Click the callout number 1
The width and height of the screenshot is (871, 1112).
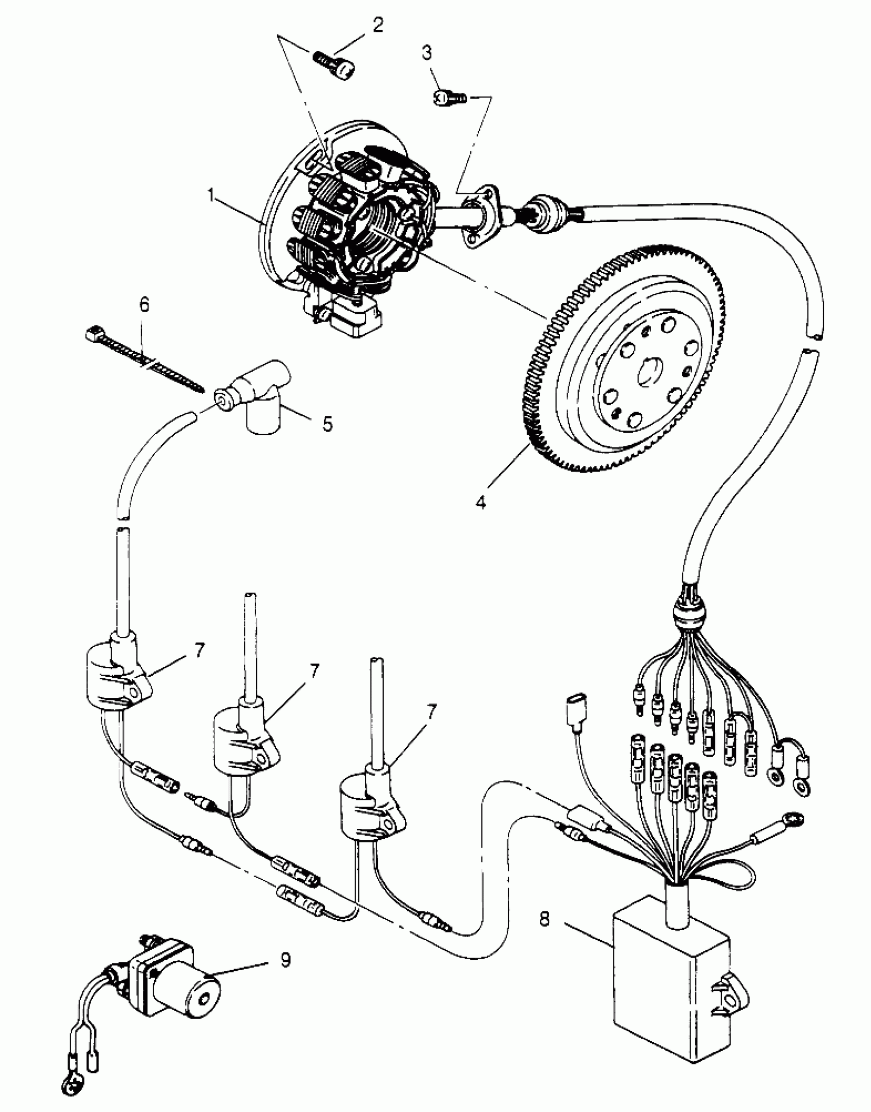click(x=211, y=195)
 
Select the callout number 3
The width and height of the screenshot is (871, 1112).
click(x=427, y=53)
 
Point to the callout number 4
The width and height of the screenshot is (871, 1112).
click(x=481, y=502)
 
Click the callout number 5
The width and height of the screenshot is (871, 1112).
click(x=327, y=424)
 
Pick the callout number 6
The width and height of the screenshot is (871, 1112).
click(x=144, y=305)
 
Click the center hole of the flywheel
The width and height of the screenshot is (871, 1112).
click(x=648, y=375)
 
